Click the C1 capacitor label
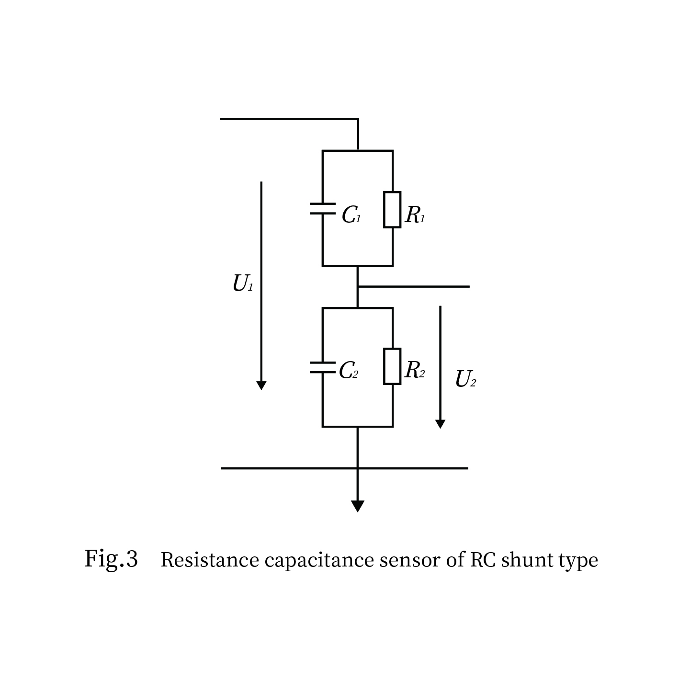tap(351, 215)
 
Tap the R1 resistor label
tap(415, 215)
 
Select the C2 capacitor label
tap(348, 370)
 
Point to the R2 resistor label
tap(414, 370)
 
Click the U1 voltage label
tap(242, 283)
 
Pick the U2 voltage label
tap(465, 379)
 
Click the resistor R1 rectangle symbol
tap(392, 210)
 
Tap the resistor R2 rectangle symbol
tap(392, 366)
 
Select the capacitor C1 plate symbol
tap(322, 209)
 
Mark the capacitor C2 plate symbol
tap(322, 367)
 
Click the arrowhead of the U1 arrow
tap(261, 385)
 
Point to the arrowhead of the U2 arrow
tap(440, 424)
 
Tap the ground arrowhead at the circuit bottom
tap(357, 506)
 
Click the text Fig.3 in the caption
tap(111, 559)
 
